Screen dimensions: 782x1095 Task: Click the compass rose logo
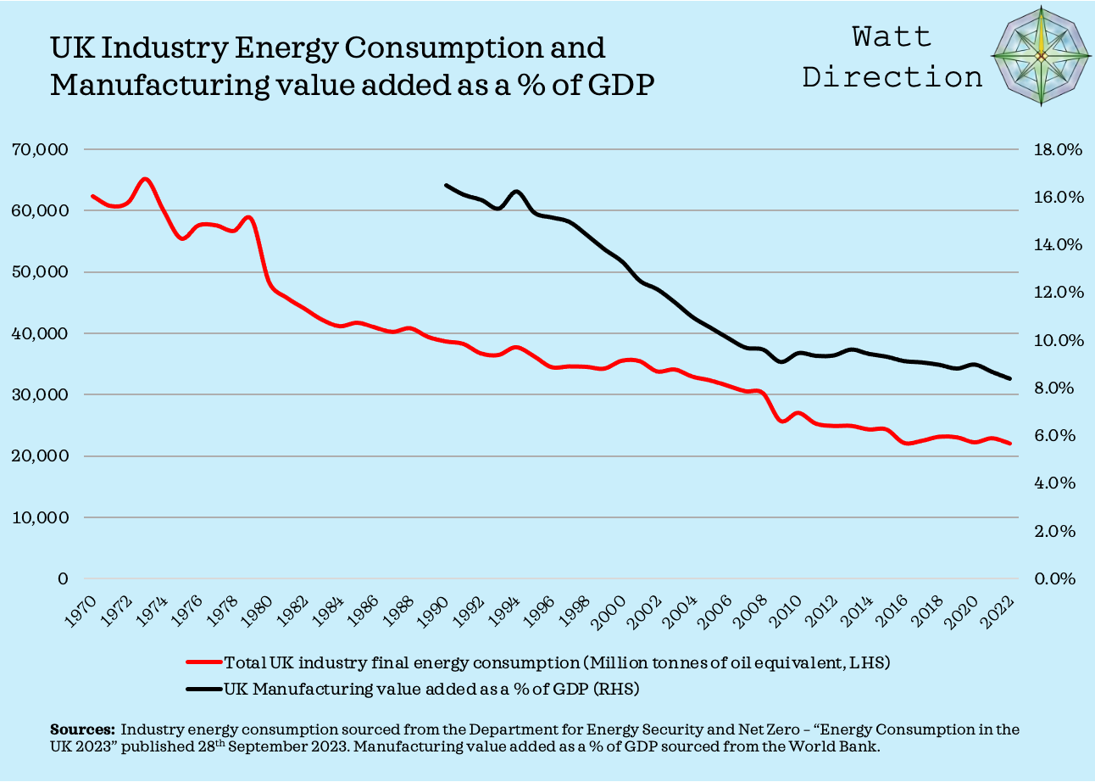click(x=1042, y=56)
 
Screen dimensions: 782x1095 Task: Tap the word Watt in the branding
click(x=892, y=36)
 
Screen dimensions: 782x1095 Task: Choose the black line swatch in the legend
click(x=203, y=689)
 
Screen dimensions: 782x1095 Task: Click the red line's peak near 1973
click(x=145, y=179)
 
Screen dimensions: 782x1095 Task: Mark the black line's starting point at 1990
click(x=446, y=185)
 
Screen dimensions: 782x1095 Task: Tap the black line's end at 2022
click(x=1010, y=378)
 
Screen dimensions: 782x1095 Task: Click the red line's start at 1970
click(x=92, y=196)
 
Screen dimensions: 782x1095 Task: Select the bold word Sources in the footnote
click(x=82, y=729)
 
